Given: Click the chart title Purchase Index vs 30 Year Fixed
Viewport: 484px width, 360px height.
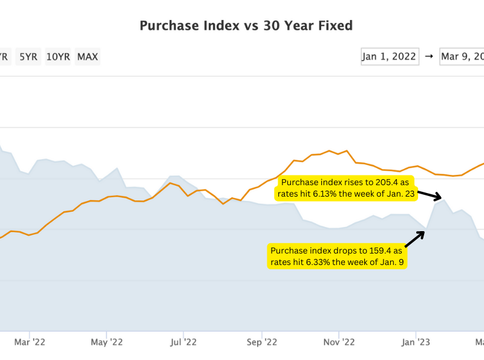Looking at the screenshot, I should [246, 25].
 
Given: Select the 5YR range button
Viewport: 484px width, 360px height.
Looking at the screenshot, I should [28, 57].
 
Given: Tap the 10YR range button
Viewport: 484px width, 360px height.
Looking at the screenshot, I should [58, 57].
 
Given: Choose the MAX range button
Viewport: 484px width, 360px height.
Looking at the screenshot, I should [88, 57].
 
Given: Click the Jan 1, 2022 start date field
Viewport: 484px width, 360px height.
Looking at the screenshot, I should [390, 56].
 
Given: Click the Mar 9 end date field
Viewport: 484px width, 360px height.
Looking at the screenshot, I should [462, 56].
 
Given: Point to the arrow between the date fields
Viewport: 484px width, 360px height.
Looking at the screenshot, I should [429, 56].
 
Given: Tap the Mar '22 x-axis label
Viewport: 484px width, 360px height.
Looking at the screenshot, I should [30, 342].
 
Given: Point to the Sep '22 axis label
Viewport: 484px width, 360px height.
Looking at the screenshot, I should [261, 342].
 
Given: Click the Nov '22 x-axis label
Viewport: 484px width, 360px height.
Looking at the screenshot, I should [339, 342].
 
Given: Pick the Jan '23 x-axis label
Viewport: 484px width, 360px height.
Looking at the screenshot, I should [416, 342].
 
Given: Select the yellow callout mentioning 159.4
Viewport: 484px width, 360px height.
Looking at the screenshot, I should [336, 256].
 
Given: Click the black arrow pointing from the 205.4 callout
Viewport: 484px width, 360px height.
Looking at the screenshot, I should [430, 195].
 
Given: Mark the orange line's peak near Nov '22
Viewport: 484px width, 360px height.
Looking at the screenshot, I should [330, 150].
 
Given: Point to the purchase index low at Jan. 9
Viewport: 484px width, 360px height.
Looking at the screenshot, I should [427, 230].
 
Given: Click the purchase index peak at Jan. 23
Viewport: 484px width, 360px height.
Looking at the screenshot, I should [444, 200].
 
